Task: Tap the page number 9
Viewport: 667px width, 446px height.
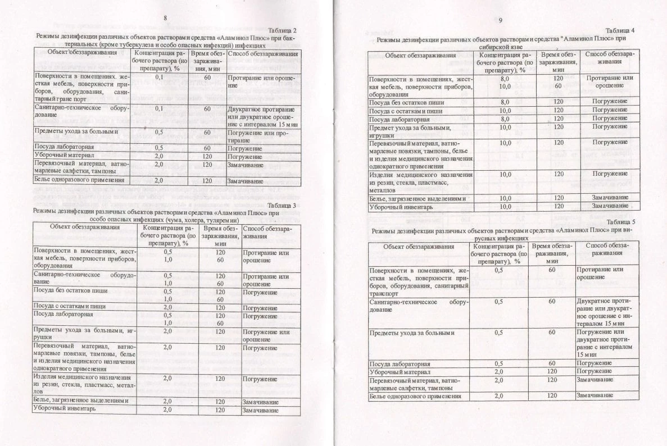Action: pos(500,21)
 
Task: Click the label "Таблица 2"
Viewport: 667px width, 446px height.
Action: pos(282,30)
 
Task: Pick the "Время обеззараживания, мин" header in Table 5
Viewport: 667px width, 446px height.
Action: pos(552,253)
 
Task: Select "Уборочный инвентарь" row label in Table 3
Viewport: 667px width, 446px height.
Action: pos(64,409)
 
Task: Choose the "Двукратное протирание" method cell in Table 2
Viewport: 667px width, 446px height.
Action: pos(262,112)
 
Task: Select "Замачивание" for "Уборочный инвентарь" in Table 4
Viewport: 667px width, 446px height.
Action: pos(609,207)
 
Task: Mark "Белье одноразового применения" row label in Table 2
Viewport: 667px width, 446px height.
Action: pos(79,180)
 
